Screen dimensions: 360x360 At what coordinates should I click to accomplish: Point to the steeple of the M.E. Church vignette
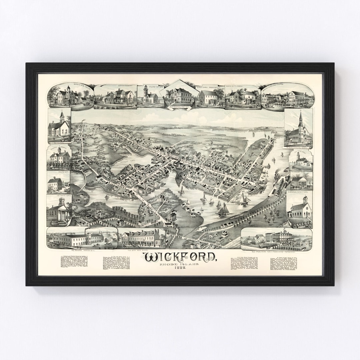[62, 116]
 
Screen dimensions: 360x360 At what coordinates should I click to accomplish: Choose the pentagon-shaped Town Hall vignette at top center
[179, 94]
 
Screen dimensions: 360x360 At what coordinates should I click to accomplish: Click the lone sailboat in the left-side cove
[107, 197]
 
